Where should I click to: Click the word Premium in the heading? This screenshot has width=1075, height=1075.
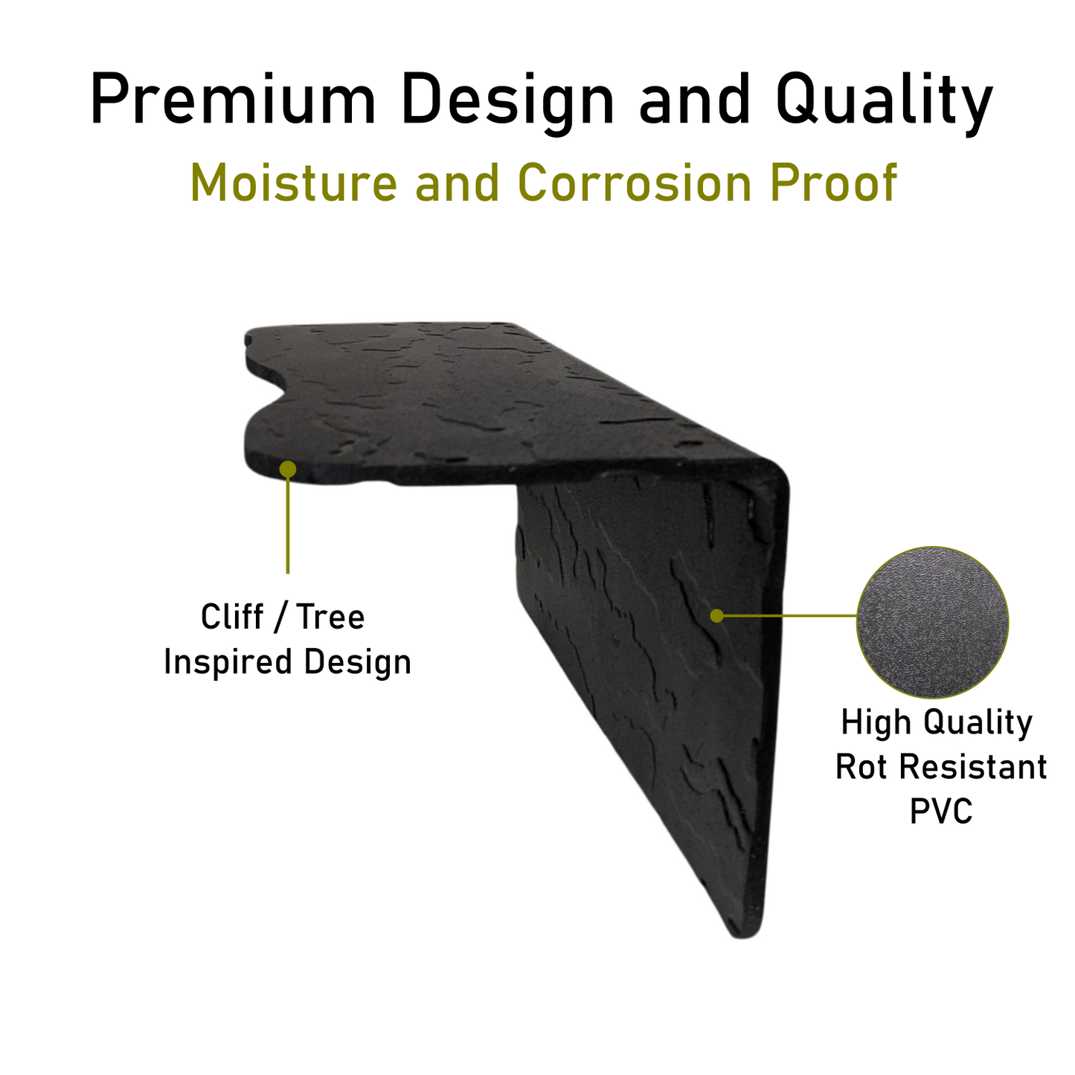point(233,99)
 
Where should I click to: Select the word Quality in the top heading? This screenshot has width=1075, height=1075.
point(884,103)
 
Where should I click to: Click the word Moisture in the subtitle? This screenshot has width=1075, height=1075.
point(293,182)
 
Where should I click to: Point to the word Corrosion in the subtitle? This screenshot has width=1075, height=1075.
point(635,182)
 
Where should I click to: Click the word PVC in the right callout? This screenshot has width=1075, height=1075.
point(941,811)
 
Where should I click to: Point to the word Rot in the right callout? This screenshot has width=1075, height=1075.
point(861,766)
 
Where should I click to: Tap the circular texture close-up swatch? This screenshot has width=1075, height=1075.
point(933,622)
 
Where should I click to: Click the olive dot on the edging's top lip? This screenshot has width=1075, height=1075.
point(288,469)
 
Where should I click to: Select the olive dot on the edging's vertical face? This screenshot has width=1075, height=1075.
point(717,616)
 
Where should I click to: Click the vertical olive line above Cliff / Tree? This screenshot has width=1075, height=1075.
point(288,525)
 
